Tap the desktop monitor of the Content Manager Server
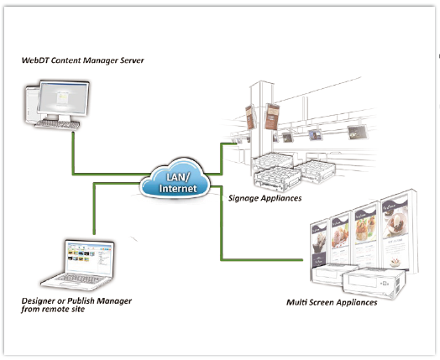coord(64,99)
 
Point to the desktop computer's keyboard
coord(58,124)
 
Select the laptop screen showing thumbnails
coord(89,257)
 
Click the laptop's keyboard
coord(80,279)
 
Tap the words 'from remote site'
coord(53,310)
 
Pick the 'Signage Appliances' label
coord(265,198)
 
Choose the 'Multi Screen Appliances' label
coord(332,303)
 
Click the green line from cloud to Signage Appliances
coord(222,159)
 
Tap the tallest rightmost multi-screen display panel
coord(395,232)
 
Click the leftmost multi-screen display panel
coord(319,243)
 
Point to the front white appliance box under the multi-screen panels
coord(373,283)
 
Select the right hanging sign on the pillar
coord(271,117)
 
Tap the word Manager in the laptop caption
coord(115,301)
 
